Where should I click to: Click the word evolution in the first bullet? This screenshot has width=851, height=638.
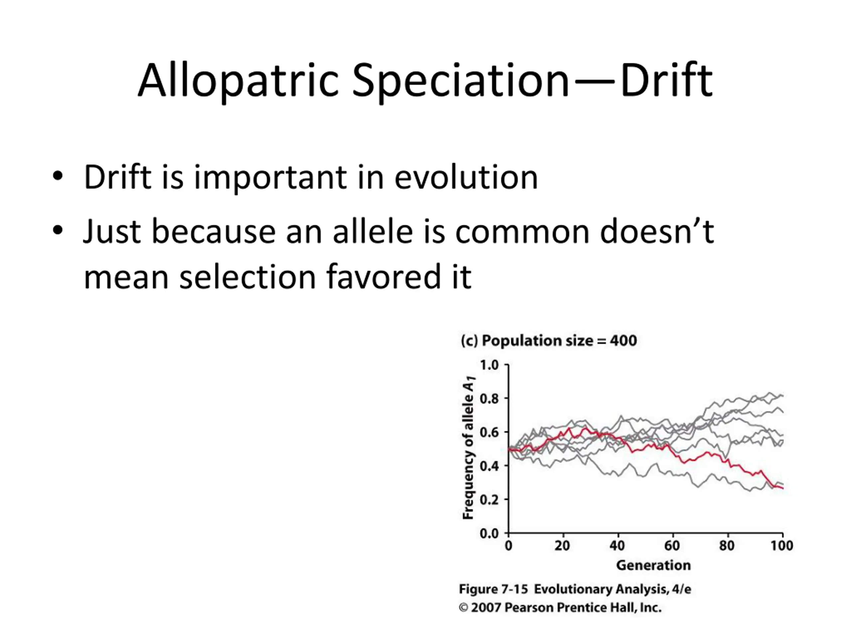(466, 177)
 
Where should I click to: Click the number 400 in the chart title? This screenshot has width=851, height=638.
(623, 341)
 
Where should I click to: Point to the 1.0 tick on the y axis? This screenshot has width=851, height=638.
(489, 365)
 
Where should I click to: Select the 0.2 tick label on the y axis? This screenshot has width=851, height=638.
(489, 499)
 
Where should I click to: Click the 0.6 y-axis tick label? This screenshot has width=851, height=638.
(489, 432)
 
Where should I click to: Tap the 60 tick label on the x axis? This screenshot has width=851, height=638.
(672, 545)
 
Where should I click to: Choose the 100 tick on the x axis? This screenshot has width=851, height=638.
(782, 545)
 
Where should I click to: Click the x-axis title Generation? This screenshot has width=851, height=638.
(653, 565)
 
